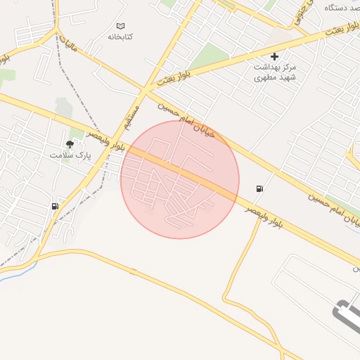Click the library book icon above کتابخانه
pos(121,25)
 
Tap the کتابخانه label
pos(121,36)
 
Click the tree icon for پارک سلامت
pos(70,143)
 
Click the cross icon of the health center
pos(274,56)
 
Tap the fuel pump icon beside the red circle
pos(261,188)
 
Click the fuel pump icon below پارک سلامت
pos(55,206)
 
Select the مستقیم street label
pos(131,117)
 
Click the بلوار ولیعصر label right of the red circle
pos(264,217)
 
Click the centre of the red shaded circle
pos(180,179)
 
